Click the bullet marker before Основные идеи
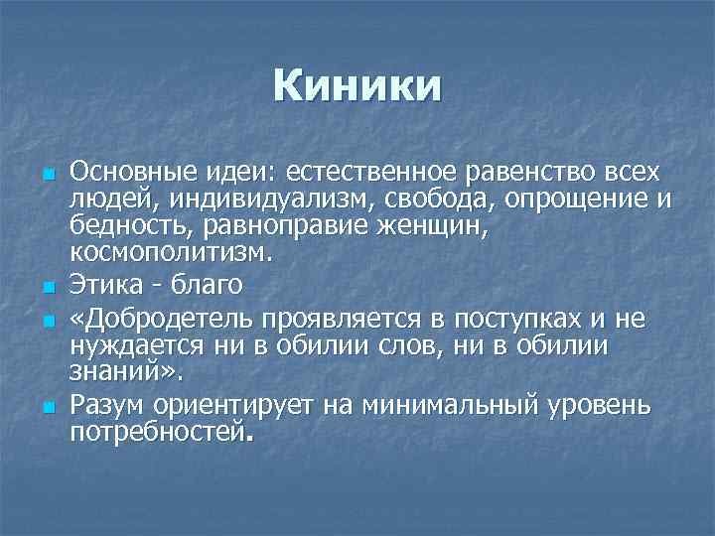coord(47,177)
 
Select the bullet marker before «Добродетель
coord(47,323)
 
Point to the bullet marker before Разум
coord(47,408)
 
